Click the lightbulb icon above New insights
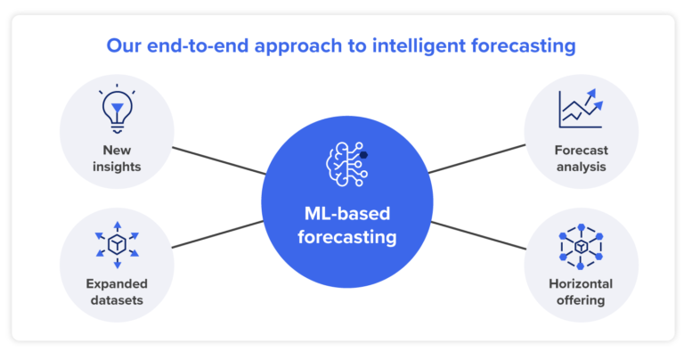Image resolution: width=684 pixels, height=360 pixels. click(117, 110)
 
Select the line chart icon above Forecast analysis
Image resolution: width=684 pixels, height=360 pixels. click(580, 110)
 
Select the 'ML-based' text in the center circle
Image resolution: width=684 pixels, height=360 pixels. click(346, 215)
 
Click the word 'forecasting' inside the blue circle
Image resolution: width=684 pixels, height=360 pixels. click(346, 238)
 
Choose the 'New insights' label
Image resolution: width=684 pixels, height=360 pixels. click(117, 158)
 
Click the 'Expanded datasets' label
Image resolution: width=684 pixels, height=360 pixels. click(117, 291)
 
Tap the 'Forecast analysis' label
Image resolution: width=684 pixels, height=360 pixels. click(580, 158)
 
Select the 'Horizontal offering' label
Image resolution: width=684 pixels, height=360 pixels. click(580, 291)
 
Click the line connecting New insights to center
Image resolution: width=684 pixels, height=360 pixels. click(218, 160)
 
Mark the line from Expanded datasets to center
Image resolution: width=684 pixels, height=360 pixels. click(218, 233)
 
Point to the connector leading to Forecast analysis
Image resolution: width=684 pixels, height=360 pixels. click(476, 160)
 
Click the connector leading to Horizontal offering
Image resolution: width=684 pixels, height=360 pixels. click(476, 234)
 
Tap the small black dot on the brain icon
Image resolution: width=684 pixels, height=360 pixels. click(363, 155)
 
